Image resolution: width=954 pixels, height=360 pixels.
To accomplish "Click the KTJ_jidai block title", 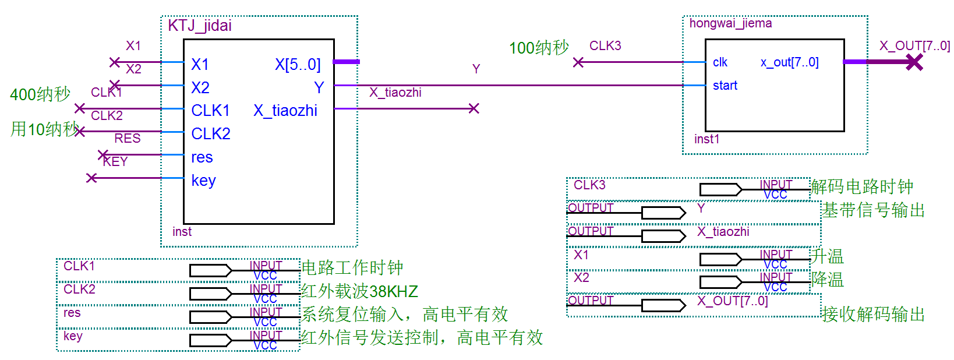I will (200, 26).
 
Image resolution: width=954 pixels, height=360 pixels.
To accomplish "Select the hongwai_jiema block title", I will (730, 23).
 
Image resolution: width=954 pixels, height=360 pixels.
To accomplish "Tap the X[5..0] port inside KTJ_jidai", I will (298, 64).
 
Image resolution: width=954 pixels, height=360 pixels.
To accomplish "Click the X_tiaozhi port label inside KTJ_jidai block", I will (285, 111).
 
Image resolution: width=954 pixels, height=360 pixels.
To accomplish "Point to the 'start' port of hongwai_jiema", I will (725, 86).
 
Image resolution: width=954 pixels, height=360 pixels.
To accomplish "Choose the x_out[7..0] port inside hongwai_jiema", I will (789, 62).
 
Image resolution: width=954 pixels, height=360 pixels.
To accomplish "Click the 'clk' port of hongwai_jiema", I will (720, 62).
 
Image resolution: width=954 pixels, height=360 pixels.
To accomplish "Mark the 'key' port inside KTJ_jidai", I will (203, 181).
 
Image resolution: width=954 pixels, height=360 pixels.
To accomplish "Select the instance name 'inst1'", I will (706, 139).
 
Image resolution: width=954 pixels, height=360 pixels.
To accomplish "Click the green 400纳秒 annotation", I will (40, 94).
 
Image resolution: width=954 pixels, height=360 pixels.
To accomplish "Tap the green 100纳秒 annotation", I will (539, 48).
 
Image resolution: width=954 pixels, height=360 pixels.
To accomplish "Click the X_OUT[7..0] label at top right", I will (914, 46).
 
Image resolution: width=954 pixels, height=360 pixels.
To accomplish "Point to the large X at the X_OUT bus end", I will (914, 62).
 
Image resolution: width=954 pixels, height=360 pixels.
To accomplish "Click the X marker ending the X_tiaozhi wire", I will (474, 108).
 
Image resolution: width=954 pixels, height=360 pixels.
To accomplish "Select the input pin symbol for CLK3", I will (721, 189).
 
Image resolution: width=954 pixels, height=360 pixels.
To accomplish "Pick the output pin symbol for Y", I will (663, 213).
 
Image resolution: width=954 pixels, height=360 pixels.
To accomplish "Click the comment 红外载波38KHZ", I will (359, 291).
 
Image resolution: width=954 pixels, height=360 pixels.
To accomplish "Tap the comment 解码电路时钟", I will (862, 187).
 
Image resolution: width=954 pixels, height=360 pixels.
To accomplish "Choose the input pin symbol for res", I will (211, 317).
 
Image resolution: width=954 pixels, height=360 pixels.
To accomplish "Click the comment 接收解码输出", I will (873, 315).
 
